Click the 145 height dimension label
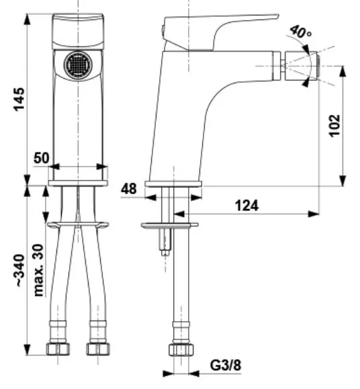tap(19, 99)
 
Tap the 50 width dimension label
tap(42, 158)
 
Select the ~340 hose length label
tap(21, 271)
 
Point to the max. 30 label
tap(38, 270)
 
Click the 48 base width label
tap(129, 189)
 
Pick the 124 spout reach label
tap(246, 206)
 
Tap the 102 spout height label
tap(334, 126)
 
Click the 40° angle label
tap(300, 32)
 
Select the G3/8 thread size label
tap(226, 365)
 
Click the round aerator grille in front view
tap(78, 64)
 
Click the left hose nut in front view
tap(58, 349)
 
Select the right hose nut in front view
tap(98, 349)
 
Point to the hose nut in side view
tap(181, 349)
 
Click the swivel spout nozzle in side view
tap(301, 66)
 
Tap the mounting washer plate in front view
tap(78, 225)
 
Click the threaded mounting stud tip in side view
tap(165, 253)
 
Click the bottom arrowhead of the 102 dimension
tap(343, 180)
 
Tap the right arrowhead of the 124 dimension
tap(314, 214)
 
